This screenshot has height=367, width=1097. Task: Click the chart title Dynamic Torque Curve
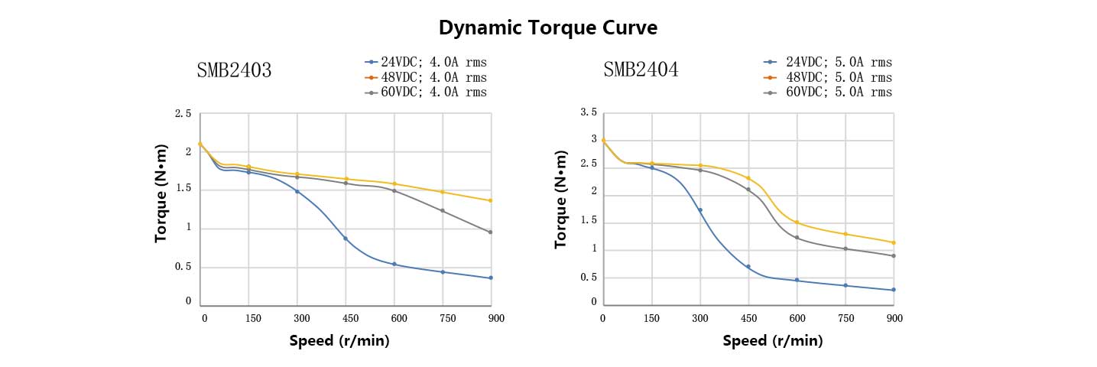(x=548, y=28)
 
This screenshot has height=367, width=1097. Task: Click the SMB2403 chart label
(x=235, y=70)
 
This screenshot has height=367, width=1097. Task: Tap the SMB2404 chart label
(x=641, y=70)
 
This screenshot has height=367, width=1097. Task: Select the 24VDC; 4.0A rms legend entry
(x=426, y=62)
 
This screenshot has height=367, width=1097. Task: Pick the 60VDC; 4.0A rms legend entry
(x=426, y=93)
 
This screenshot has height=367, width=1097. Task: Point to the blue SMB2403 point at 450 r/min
(x=346, y=239)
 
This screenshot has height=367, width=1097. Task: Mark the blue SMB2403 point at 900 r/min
(x=490, y=278)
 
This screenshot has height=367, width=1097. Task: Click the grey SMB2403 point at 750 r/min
(x=442, y=211)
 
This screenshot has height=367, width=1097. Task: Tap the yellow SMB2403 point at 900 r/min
(x=490, y=200)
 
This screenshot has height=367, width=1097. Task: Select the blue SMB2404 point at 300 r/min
(x=699, y=209)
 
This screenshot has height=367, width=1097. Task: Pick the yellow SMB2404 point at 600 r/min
(x=797, y=222)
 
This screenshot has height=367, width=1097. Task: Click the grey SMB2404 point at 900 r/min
(x=894, y=255)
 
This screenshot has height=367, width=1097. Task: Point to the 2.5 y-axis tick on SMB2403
(x=183, y=114)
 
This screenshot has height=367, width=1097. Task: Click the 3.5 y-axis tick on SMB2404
(x=589, y=112)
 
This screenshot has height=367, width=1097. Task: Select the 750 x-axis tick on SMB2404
(x=845, y=317)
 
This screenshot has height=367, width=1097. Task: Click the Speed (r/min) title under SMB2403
(x=339, y=341)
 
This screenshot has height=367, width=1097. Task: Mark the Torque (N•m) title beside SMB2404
(x=562, y=199)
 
